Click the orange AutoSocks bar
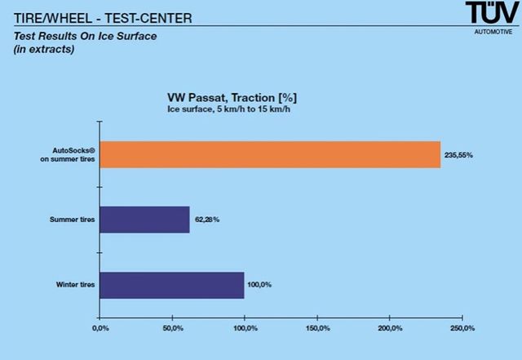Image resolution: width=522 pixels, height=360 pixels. (269, 154)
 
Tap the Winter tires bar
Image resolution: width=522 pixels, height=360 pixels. (171, 285)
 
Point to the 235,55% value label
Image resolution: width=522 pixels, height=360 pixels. (461, 154)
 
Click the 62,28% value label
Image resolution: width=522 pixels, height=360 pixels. (207, 219)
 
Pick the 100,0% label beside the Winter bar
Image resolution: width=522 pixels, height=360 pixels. (261, 285)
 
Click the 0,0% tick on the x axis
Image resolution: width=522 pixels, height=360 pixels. (100, 329)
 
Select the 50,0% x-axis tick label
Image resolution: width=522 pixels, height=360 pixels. (172, 329)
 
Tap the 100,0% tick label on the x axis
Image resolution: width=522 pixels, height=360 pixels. (245, 329)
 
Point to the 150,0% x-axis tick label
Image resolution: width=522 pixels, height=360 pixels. (317, 329)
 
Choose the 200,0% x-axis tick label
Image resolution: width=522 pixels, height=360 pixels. (390, 329)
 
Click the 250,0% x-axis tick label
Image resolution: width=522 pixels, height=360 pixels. (462, 329)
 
